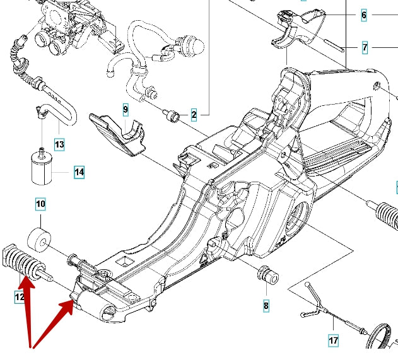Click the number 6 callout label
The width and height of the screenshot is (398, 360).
tap(364, 15)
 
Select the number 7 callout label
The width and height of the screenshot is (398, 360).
tap(364, 47)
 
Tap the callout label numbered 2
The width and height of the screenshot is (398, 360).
tap(194, 115)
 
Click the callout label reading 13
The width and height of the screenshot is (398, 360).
tap(59, 144)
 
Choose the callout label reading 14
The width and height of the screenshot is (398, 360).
tap(79, 171)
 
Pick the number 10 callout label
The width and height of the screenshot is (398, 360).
tap(40, 204)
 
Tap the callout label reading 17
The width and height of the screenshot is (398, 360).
tap(334, 341)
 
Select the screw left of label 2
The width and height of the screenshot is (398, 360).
tap(171, 115)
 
